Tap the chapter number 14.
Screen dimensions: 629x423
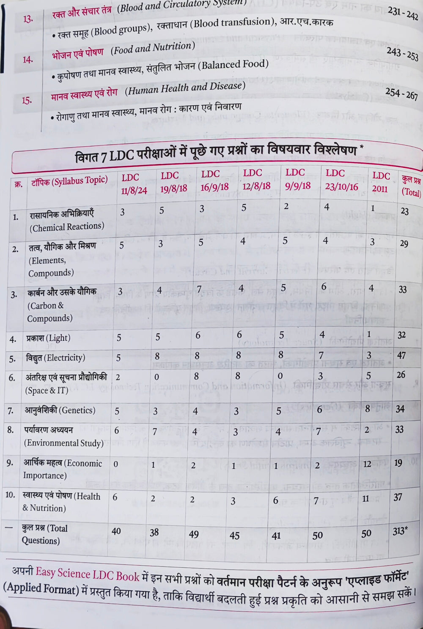[x=27, y=60]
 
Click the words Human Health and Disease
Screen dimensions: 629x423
[x=185, y=88]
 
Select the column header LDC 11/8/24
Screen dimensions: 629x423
[x=133, y=184]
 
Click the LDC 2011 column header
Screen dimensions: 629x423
[x=380, y=182]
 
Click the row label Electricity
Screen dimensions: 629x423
[x=55, y=358]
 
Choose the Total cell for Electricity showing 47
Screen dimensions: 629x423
[x=401, y=356]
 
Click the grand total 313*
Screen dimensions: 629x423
[x=400, y=531]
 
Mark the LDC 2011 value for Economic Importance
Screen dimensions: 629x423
[x=367, y=464]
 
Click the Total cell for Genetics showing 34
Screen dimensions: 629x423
[x=400, y=409]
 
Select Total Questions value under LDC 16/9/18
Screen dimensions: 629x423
[x=194, y=534]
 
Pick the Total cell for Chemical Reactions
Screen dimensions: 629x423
[x=404, y=211]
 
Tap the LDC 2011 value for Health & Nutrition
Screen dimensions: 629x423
[x=365, y=499]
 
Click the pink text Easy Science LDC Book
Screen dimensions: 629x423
[x=87, y=574]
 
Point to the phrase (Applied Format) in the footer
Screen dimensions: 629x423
[x=41, y=588]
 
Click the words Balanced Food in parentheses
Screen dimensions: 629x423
[x=235, y=65]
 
